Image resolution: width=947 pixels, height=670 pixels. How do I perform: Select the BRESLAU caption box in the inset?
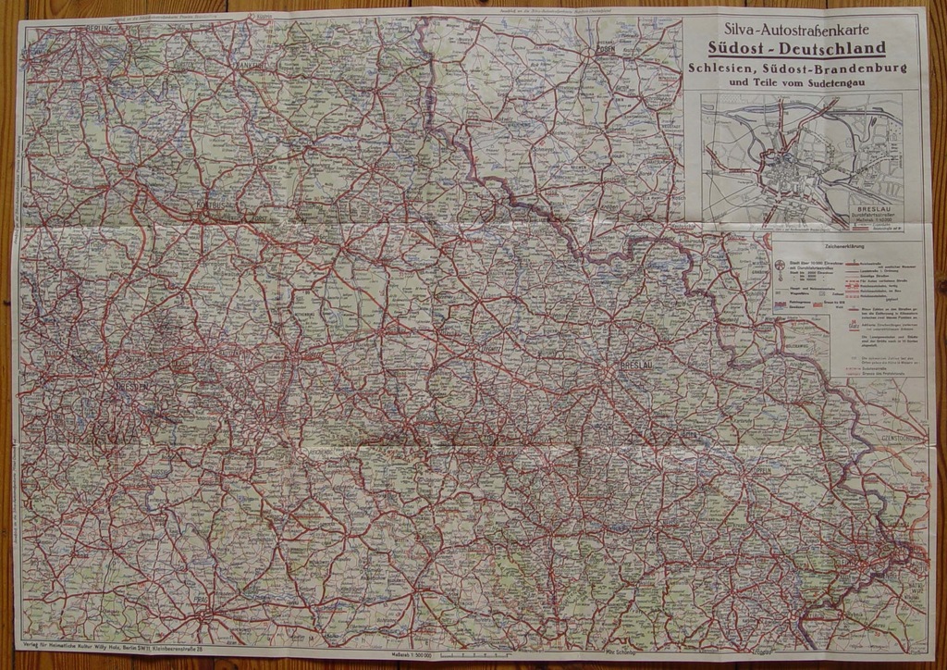(877, 215)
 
